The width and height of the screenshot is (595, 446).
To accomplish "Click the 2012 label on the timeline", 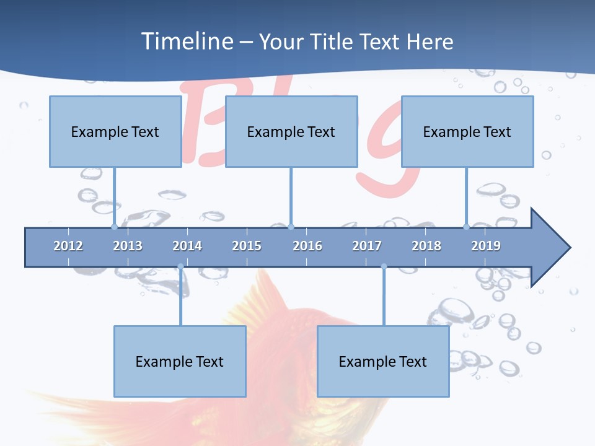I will click(68, 246).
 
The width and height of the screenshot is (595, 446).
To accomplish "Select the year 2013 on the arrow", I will click(128, 246).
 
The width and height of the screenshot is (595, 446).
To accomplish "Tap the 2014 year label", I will click(187, 246).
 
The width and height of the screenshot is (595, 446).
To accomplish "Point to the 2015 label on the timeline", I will click(247, 246).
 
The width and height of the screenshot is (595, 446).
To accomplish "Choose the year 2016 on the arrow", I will click(307, 246).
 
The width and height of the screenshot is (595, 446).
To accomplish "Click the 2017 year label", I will click(367, 246).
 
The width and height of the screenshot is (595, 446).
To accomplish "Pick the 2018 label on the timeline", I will click(426, 246).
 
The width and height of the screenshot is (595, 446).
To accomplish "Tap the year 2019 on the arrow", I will click(486, 246).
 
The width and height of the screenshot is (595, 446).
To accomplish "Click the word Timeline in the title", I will click(187, 42).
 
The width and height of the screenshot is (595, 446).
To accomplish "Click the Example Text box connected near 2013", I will click(115, 131).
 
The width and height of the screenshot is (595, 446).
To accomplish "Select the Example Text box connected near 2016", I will click(291, 131).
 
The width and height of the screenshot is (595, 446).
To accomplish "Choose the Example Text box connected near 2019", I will click(467, 131).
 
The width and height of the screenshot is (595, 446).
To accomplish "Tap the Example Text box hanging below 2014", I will click(180, 361).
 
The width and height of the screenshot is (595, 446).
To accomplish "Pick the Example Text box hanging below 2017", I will click(383, 361).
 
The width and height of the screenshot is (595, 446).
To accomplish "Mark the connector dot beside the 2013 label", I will click(114, 227).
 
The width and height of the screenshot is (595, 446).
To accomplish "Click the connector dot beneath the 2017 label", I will click(384, 266).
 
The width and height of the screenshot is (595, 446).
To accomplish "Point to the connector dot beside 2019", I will click(466, 227).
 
